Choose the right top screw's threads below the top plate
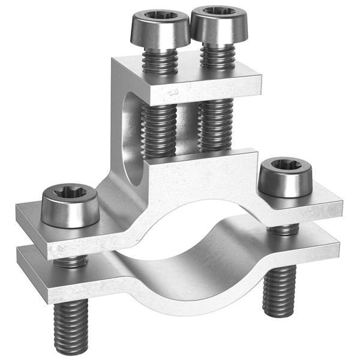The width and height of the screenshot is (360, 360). point(215,123)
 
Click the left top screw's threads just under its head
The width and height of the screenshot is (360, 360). point(160,60)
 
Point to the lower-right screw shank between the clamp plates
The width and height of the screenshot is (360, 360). point(284,229)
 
